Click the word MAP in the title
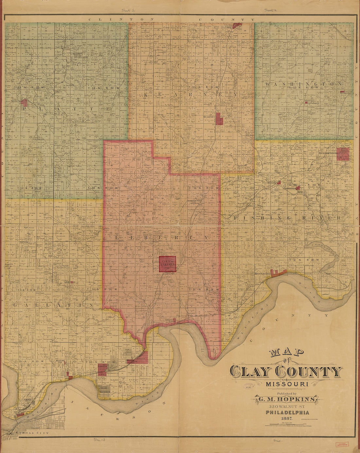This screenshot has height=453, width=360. click(286, 352)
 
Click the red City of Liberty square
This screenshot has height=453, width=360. click(168, 264)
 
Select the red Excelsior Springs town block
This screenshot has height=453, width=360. click(343, 154)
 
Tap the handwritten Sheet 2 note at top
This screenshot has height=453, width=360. click(270, 10)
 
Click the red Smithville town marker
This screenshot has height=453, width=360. click(25, 102)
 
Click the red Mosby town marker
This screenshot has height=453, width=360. click(279, 183)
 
